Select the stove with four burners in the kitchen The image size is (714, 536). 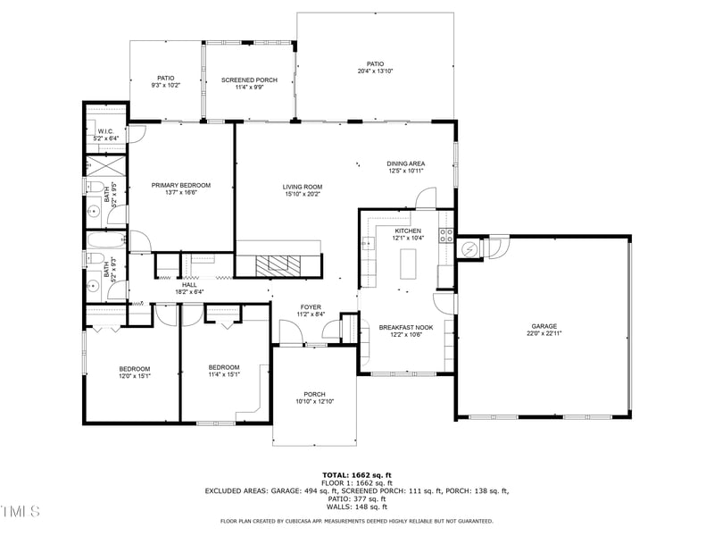pos(445,236)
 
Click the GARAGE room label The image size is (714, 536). pos(543,327)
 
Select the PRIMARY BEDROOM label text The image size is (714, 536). pos(181,185)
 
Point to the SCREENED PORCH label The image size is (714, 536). pos(249,80)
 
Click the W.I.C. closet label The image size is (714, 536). pos(106,130)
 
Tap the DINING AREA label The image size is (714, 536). pos(405,163)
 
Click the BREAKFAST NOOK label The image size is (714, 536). pos(406,328)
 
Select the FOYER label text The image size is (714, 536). pos(311,306)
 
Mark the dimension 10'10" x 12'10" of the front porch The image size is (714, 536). pos(314,402)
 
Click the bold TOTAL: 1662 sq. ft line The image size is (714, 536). pos(356,474)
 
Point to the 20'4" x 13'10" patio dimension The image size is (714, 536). pos(375,71)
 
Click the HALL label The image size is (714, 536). pos(190,284)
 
